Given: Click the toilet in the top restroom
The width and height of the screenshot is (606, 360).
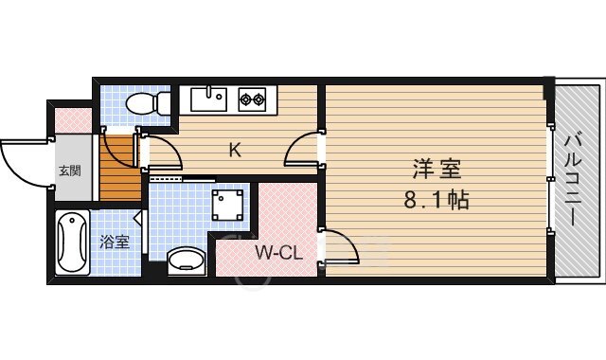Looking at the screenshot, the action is click(x=148, y=102).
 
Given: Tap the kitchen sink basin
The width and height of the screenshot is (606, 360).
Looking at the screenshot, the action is click(x=208, y=99).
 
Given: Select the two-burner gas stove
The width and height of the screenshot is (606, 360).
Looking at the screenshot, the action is click(x=252, y=99).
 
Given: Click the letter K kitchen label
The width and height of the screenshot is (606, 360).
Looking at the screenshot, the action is click(x=235, y=150).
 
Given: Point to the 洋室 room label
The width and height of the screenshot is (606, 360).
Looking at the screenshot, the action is click(x=437, y=170).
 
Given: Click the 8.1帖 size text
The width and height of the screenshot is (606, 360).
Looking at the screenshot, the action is click(x=437, y=200).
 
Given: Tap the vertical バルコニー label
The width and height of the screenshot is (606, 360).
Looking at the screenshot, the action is click(x=573, y=179).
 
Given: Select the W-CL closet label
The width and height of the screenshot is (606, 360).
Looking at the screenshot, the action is click(x=278, y=253).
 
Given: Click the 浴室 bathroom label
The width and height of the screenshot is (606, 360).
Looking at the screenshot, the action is click(x=115, y=242).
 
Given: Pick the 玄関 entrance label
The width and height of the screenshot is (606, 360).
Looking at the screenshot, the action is click(x=70, y=171).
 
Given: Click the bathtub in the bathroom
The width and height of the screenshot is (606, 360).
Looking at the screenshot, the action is click(x=72, y=243).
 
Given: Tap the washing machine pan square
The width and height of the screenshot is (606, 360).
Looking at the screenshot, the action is click(x=227, y=205).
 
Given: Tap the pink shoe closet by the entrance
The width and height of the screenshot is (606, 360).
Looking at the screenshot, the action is click(x=73, y=120).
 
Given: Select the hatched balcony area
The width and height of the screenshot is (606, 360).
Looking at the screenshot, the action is click(x=578, y=181).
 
